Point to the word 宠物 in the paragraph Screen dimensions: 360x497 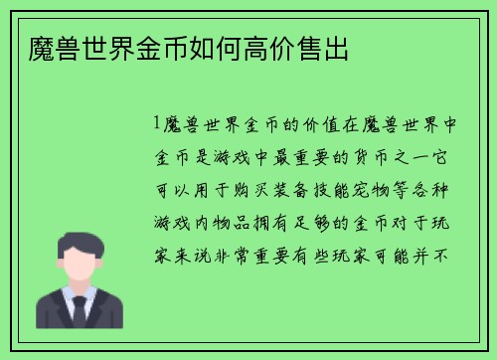(374, 189)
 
